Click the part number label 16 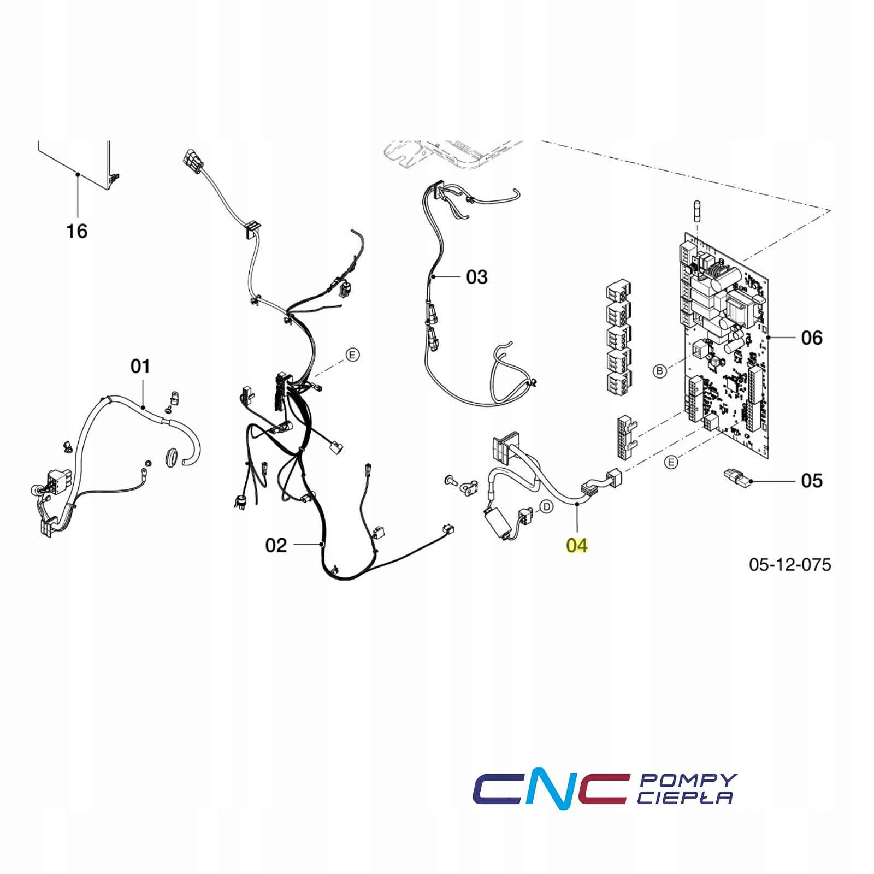[77, 231]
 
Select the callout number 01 [140, 366]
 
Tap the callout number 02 [276, 545]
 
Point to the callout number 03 [476, 277]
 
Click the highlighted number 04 [577, 545]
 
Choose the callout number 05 [812, 481]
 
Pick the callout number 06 [812, 338]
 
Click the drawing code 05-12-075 [790, 564]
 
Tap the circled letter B [660, 371]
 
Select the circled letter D [546, 507]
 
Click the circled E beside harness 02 [353, 355]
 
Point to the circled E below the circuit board [671, 462]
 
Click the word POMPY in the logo [688, 780]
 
